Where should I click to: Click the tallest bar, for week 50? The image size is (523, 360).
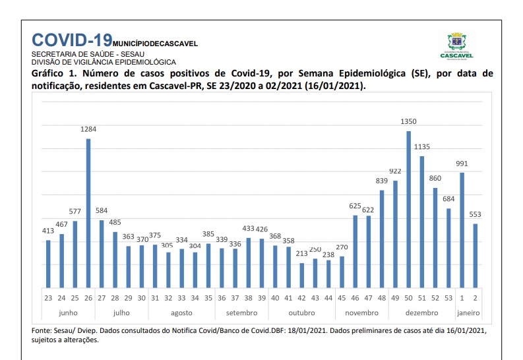409,209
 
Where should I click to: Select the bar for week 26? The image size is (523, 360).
88,214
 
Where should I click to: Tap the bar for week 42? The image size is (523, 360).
302,276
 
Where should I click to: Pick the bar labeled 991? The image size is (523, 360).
462,230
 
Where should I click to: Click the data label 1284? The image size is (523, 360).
88,129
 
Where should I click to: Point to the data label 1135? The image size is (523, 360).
422,147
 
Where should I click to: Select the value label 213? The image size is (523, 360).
302,254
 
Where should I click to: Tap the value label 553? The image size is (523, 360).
476,214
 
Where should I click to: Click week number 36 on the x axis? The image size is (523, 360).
222,298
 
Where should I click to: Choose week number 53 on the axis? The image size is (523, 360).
448,298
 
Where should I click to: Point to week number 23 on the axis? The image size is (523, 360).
48,298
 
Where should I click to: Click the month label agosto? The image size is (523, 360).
181,313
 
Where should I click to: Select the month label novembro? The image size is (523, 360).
362,313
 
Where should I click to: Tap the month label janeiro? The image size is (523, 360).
468,313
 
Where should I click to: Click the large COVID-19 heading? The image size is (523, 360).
72,40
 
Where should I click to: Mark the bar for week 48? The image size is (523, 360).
382,239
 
